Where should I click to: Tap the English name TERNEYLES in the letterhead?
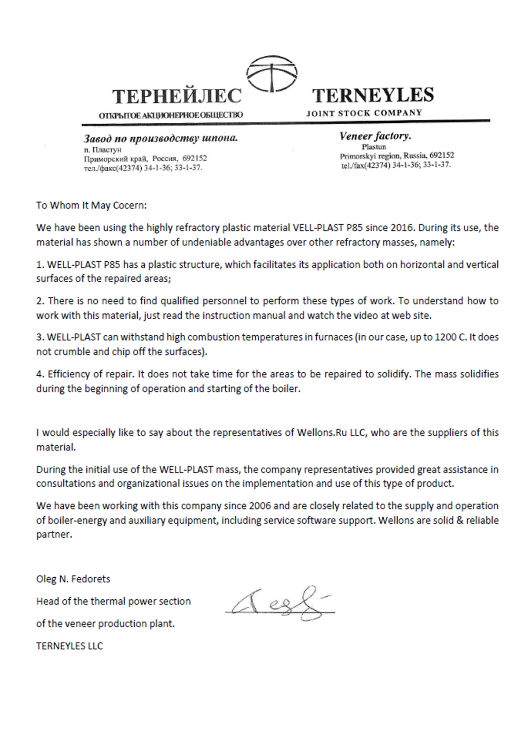point(373,95)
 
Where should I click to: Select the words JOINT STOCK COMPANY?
point(364,113)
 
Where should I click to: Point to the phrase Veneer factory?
point(375,136)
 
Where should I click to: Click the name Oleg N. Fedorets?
point(73,579)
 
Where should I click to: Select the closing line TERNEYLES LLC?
point(70,646)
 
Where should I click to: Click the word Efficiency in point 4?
point(68,374)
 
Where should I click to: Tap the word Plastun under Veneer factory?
point(374,147)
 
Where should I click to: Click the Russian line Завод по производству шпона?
point(161,139)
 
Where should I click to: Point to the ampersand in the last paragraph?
point(455,521)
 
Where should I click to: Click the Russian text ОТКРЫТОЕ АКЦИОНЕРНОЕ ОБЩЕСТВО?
point(171,116)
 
